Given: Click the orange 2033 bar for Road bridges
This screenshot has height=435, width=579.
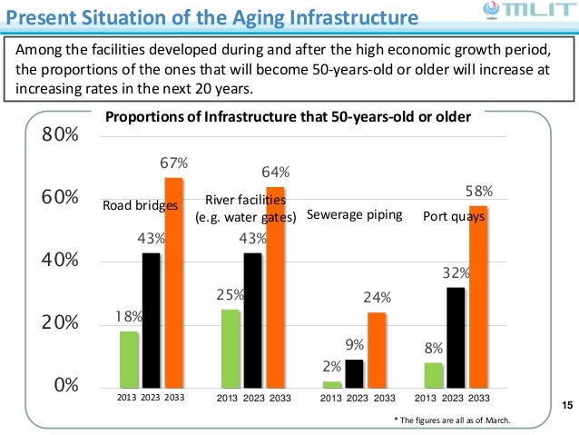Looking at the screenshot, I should click(x=173, y=283).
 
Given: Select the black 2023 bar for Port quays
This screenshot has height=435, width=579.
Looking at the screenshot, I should click(x=456, y=338).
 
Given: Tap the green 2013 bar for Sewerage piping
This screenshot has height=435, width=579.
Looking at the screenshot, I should click(x=332, y=385).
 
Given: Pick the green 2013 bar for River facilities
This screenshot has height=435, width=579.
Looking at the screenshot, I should click(x=231, y=349).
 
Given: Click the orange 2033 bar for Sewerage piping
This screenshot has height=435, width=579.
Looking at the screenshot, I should click(x=377, y=351).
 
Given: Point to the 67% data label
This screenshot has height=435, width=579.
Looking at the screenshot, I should click(x=174, y=163).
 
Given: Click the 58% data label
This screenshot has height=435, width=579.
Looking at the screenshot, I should click(x=478, y=192).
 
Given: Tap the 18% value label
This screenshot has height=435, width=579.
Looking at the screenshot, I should click(x=129, y=317).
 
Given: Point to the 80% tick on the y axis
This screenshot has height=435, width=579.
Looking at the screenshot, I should click(x=60, y=136).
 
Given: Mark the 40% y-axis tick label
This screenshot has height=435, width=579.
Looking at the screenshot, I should click(x=60, y=262).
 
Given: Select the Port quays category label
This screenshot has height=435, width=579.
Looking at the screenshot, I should click(x=448, y=217).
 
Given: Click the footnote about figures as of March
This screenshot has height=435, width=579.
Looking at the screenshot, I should click(x=451, y=420).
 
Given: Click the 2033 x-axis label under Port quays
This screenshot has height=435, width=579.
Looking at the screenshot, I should click(x=479, y=398).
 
